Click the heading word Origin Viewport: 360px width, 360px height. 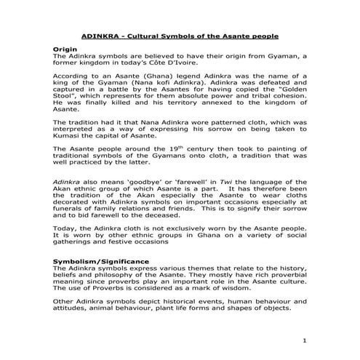click(65, 48)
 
